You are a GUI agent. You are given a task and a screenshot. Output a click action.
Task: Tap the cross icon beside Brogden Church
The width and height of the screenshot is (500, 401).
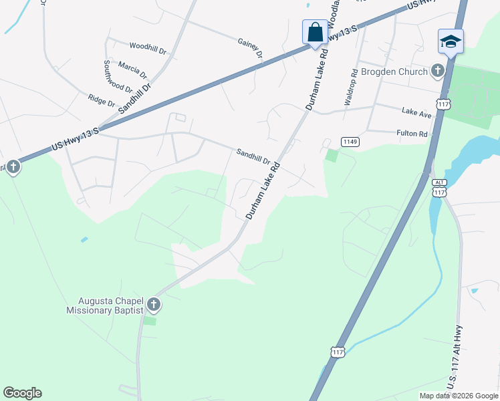(437, 70)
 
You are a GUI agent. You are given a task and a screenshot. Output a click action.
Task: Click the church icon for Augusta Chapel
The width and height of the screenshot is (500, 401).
(154, 305)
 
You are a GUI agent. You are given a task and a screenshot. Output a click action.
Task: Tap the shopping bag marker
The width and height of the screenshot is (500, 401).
(315, 32)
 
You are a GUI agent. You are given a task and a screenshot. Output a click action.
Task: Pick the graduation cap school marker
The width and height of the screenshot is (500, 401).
(451, 41)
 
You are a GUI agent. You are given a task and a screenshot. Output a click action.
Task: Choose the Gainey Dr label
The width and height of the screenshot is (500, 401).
(250, 48)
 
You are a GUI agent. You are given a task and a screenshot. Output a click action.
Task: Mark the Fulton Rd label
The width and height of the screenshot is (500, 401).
(412, 134)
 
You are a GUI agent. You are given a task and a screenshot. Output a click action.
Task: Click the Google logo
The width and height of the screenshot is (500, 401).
(22, 393)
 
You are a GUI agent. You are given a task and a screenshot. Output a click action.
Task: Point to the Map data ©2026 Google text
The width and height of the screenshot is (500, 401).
(459, 396)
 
